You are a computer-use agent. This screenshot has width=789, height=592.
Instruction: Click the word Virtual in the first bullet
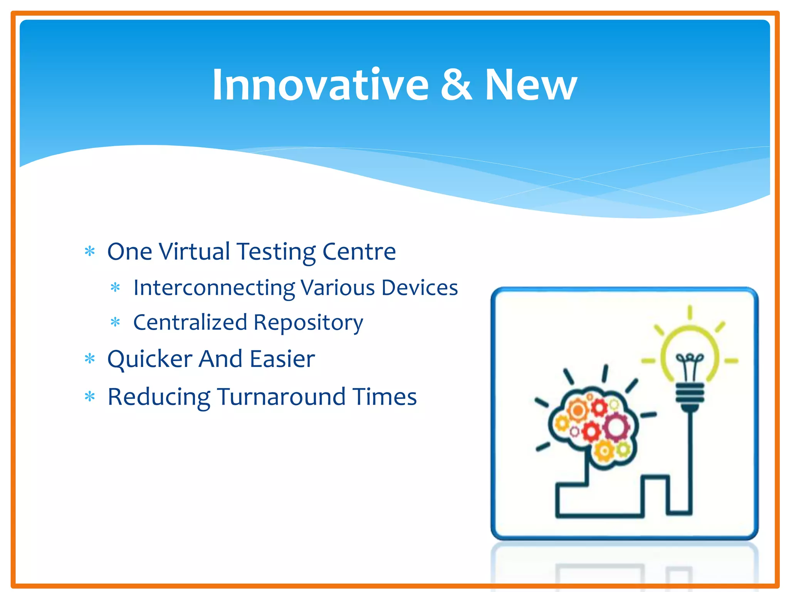195,251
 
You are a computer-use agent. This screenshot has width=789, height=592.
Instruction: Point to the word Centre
359,251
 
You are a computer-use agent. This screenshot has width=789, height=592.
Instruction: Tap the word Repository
308,323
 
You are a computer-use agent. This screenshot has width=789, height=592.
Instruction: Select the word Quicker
149,359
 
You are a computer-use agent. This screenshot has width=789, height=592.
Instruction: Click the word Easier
282,359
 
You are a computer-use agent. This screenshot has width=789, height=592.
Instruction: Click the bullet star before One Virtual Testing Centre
90,252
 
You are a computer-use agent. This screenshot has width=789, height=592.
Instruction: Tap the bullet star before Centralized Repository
115,322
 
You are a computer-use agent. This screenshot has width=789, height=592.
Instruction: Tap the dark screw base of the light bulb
690,395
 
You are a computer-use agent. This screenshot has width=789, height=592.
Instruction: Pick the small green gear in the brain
623,449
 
